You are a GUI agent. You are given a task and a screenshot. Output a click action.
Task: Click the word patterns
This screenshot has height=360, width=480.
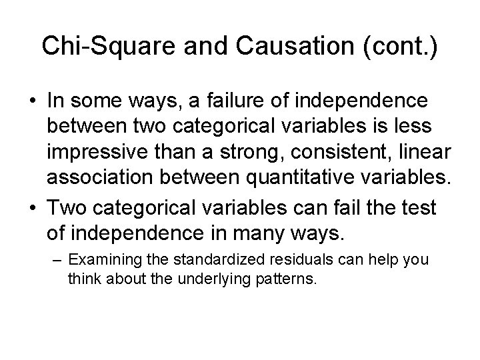pyautogui.click(x=284, y=278)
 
